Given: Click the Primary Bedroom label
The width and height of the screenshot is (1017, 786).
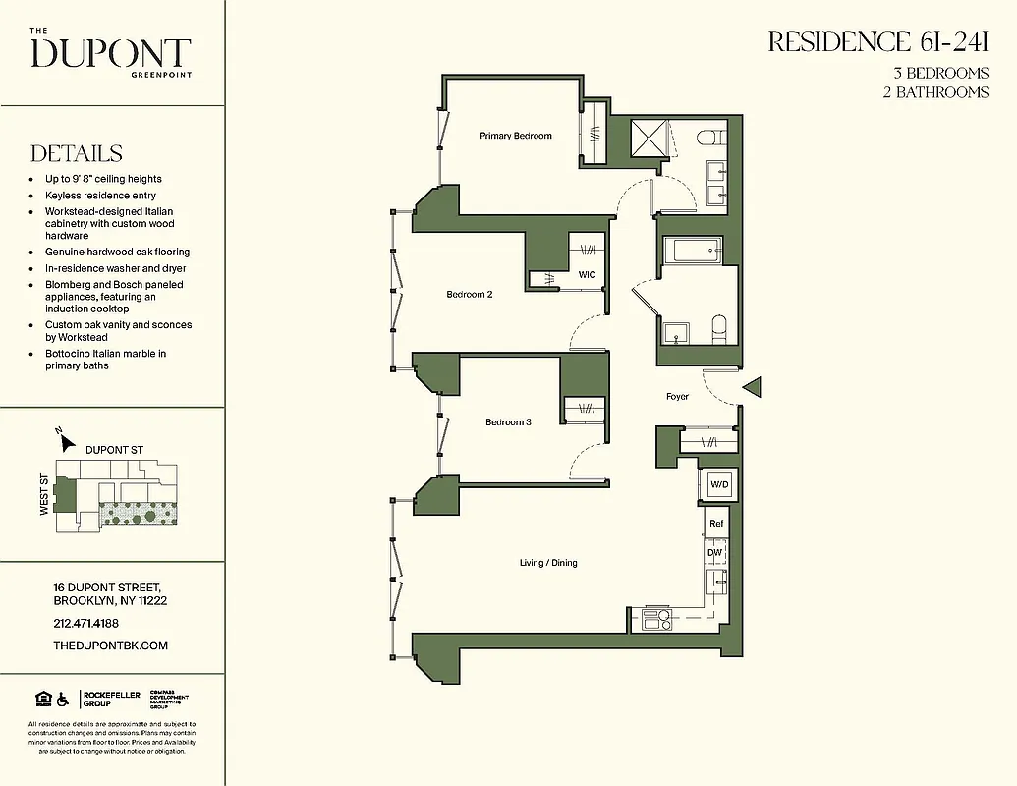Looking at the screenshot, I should click(515, 136).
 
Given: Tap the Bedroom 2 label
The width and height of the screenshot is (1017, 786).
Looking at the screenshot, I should click(469, 295).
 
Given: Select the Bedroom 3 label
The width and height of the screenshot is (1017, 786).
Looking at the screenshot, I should click(508, 422).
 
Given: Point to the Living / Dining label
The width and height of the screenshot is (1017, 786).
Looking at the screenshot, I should click(548, 563).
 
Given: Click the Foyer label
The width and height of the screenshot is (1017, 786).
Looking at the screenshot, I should click(677, 397).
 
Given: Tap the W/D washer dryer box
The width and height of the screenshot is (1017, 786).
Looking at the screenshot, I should click(719, 484).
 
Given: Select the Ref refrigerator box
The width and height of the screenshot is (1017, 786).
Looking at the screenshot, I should click(716, 524).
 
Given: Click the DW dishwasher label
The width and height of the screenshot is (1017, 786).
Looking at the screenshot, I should click(715, 553).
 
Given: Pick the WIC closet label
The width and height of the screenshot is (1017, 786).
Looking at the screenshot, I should click(587, 275).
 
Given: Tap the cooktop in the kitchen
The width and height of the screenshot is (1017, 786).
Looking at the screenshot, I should click(655, 619).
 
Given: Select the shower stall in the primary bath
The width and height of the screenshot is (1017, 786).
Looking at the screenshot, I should click(649, 140).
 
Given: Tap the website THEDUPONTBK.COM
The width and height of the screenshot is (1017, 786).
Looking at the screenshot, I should click(110, 646).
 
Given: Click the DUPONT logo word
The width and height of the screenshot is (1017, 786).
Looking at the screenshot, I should click(110, 53).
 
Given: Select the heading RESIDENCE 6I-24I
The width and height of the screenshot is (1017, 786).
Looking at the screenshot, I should click(877, 42).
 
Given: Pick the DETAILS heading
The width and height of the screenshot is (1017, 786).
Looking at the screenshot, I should click(77, 153).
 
